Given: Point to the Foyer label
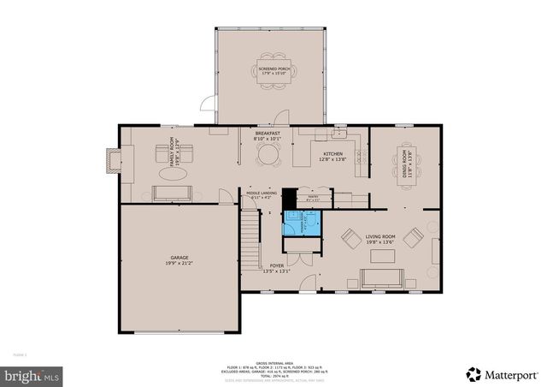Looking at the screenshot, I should click(x=277, y=268).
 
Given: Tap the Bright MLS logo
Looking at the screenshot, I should click(x=32, y=374).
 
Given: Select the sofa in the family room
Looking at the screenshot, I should click(x=173, y=193).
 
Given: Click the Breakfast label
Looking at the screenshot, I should click(x=269, y=134).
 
